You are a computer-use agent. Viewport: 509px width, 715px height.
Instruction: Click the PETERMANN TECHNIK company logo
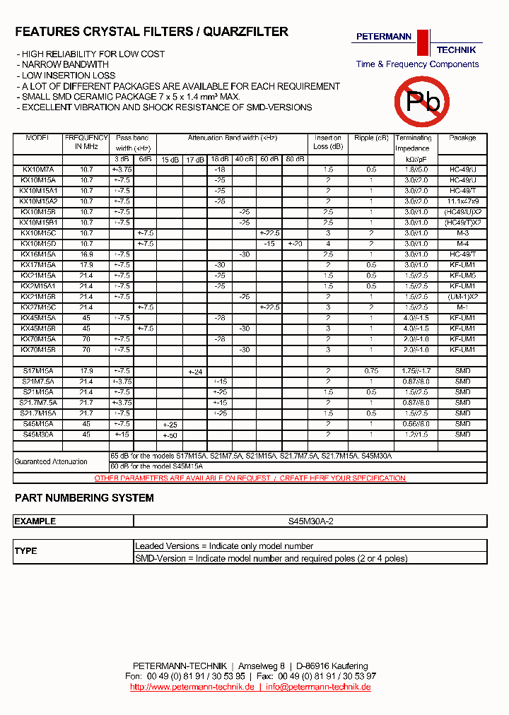tap(417, 44)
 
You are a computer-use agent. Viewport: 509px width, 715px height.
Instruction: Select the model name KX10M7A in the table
tap(38, 170)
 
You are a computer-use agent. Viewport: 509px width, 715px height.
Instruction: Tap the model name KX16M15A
tap(38, 254)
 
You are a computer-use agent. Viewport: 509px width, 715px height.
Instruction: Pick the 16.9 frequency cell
tap(86, 254)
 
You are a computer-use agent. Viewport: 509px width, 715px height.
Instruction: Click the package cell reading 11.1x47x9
tap(462, 202)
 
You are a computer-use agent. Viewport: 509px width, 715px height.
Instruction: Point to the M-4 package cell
tap(462, 244)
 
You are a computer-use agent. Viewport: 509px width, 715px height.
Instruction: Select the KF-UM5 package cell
tap(462, 276)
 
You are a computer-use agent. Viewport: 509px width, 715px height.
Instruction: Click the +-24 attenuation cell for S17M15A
tap(194, 372)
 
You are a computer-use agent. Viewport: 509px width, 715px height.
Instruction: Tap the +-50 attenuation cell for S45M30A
tap(170, 435)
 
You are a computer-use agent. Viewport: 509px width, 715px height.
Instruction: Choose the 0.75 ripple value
tap(371, 372)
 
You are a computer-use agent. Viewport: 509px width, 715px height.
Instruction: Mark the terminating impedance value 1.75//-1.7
tap(414, 372)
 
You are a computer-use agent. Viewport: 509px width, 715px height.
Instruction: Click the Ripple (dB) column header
tap(371, 138)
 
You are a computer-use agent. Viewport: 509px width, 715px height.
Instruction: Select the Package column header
tap(462, 138)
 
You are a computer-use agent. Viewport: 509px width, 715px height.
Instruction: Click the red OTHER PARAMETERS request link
tap(250, 478)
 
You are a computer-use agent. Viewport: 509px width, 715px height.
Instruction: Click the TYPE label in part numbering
tap(26, 551)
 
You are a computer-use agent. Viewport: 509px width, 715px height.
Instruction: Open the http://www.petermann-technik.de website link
tap(192, 687)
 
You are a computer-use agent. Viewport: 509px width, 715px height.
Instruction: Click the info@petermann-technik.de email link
tap(318, 687)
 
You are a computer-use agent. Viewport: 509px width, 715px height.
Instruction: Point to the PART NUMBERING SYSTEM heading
tap(84, 498)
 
